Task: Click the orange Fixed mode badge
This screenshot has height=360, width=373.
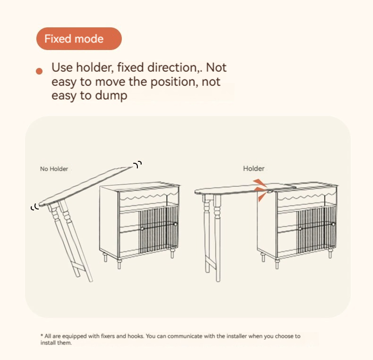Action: click(79, 39)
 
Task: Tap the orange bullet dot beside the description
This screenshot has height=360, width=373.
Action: click(39, 71)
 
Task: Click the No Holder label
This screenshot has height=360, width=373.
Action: click(54, 169)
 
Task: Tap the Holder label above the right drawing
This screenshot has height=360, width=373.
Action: click(254, 168)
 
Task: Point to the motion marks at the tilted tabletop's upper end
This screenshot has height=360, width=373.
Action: click(138, 164)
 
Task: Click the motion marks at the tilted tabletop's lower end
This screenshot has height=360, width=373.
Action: click(35, 207)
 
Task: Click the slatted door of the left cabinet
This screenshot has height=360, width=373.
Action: click(158, 230)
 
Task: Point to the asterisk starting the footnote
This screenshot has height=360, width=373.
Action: click(42, 335)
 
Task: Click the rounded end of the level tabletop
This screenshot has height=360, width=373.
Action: click(198, 192)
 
